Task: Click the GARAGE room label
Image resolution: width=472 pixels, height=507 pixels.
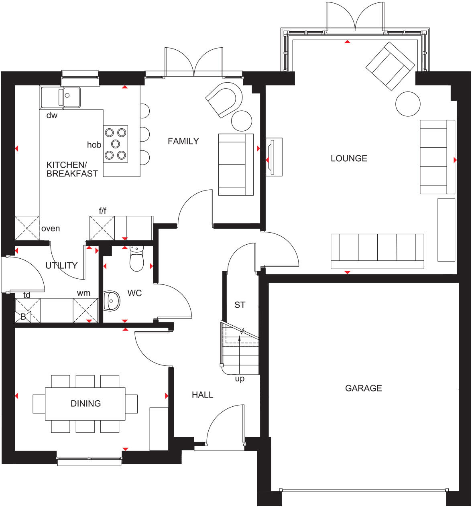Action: point(363,388)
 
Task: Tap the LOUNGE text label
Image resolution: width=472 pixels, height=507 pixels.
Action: point(349,158)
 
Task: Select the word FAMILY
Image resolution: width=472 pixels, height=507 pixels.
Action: point(183,141)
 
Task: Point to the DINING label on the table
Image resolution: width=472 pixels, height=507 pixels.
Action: point(85,404)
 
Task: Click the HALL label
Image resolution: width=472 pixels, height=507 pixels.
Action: point(202,395)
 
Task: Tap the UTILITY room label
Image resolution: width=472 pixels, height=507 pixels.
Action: point(61,266)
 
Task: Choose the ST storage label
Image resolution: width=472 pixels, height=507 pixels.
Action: point(240,305)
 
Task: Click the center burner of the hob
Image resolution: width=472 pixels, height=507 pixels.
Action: point(116,143)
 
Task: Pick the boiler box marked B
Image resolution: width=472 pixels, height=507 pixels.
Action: point(23,317)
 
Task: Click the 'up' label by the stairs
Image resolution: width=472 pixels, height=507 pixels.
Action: point(240,379)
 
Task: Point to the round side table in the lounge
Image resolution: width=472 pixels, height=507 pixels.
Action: point(408,104)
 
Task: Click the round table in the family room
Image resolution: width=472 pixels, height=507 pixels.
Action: point(242,121)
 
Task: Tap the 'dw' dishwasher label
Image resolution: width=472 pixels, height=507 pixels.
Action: point(52,116)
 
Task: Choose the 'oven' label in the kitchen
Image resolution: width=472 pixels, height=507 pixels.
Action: point(51,229)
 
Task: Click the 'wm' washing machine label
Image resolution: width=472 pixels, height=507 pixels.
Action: point(83,293)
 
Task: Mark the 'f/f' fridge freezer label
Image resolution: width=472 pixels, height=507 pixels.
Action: point(102,211)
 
